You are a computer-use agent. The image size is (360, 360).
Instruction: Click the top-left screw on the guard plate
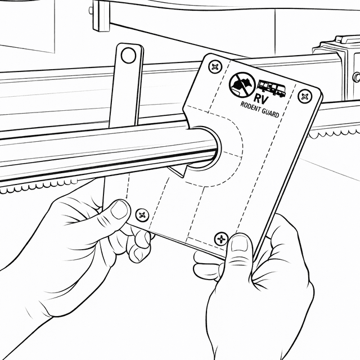point(215,67)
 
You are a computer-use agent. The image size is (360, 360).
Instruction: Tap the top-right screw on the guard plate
point(305,96)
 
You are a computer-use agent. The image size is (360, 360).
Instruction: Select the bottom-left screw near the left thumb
point(142,215)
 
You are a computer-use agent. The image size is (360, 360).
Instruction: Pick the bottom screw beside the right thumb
point(221,238)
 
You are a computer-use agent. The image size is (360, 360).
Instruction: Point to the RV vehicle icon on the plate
point(272,88)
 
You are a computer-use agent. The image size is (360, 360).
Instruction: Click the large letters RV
point(261,99)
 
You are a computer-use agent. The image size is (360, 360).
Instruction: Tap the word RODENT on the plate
point(250,107)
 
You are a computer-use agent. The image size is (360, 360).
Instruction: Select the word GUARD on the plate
point(271,113)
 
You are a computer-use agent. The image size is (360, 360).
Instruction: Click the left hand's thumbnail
point(119,209)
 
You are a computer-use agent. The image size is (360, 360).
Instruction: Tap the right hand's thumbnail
point(239,244)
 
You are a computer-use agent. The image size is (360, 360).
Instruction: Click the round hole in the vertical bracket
point(128,55)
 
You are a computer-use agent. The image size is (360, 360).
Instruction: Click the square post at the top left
point(101,16)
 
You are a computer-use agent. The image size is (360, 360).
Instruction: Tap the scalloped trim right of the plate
point(334,134)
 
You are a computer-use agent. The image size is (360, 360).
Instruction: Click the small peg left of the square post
point(91,10)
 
